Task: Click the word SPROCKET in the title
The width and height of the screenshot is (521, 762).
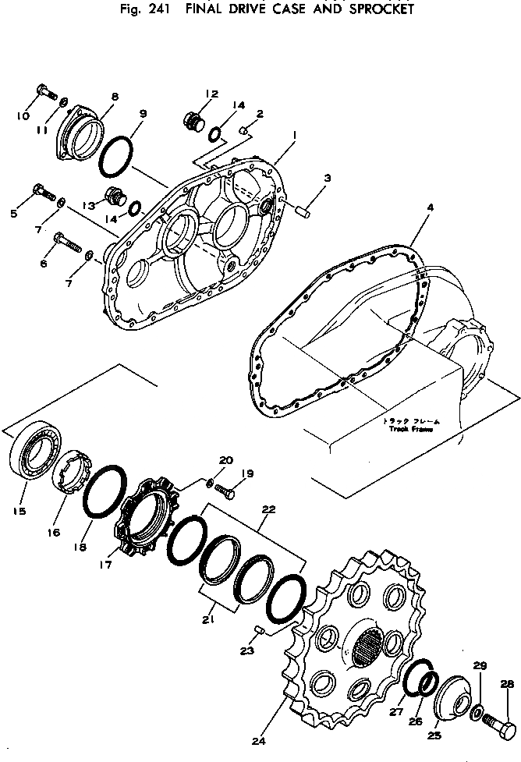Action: tap(371, 9)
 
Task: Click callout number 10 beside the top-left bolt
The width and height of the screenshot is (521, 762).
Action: tap(23, 116)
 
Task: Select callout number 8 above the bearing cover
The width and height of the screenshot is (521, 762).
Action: tap(115, 97)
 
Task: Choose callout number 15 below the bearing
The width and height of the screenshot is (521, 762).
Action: tap(19, 512)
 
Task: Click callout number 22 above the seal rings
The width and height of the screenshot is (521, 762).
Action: tap(269, 509)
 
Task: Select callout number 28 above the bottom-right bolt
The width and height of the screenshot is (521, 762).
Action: tap(507, 684)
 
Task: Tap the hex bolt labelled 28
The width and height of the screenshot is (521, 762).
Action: tap(500, 728)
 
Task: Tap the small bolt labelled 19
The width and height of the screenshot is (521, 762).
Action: tap(226, 491)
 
